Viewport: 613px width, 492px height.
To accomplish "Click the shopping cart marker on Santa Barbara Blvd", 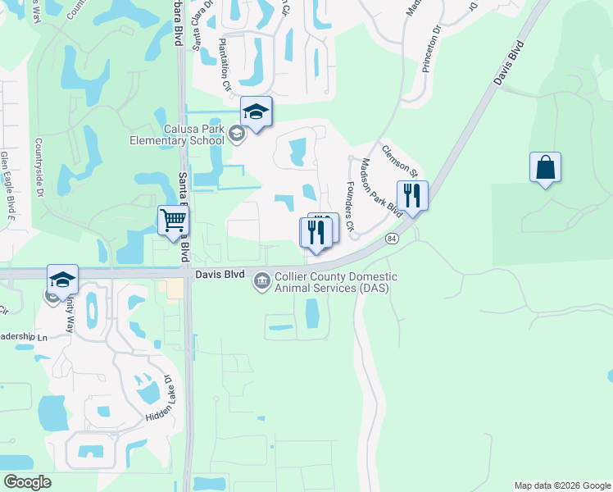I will coord(173,220).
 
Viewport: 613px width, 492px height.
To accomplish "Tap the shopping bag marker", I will coord(545,167).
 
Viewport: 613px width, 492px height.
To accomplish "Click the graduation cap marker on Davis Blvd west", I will coord(62,279).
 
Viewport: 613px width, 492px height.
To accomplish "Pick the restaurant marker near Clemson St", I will coord(412,195).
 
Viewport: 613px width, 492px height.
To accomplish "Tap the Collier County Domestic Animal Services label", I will coord(336,283).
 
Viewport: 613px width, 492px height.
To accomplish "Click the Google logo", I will coord(27,482).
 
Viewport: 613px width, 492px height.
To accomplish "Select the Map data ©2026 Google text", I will coord(561,485).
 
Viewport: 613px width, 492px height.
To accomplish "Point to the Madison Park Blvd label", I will coord(382,187).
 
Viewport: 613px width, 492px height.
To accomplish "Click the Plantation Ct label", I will coord(224,65).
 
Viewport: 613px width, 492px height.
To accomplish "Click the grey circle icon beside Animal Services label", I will coord(262,281).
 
